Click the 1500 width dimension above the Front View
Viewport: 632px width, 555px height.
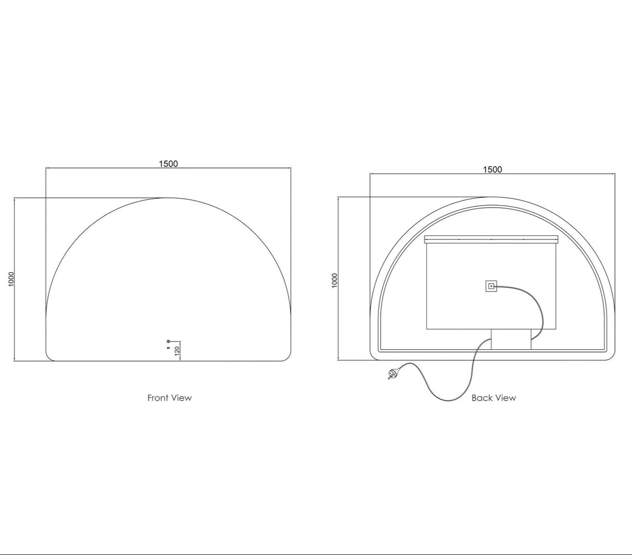point(168,163)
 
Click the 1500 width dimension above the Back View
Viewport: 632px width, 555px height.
point(492,169)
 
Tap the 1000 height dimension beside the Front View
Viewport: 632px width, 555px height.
point(11,279)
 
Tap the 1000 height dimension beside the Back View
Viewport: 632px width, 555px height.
point(335,280)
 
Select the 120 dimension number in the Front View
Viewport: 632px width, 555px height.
point(177,350)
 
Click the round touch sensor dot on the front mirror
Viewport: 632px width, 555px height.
point(168,342)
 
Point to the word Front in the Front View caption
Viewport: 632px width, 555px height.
point(158,398)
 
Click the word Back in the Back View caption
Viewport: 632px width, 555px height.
point(482,398)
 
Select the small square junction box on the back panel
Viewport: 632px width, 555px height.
point(491,286)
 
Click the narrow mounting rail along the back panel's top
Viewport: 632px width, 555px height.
point(491,239)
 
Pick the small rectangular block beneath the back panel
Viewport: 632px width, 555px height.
point(511,339)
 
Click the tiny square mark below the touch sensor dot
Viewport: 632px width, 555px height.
point(168,347)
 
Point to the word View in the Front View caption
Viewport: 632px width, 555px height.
point(182,398)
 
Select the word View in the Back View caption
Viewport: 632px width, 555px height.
point(505,398)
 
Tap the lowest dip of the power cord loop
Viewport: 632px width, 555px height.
point(449,400)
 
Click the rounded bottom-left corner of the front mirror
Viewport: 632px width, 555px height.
point(50,357)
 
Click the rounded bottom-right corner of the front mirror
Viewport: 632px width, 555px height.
point(287,357)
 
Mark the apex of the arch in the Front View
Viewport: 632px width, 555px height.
point(168,198)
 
